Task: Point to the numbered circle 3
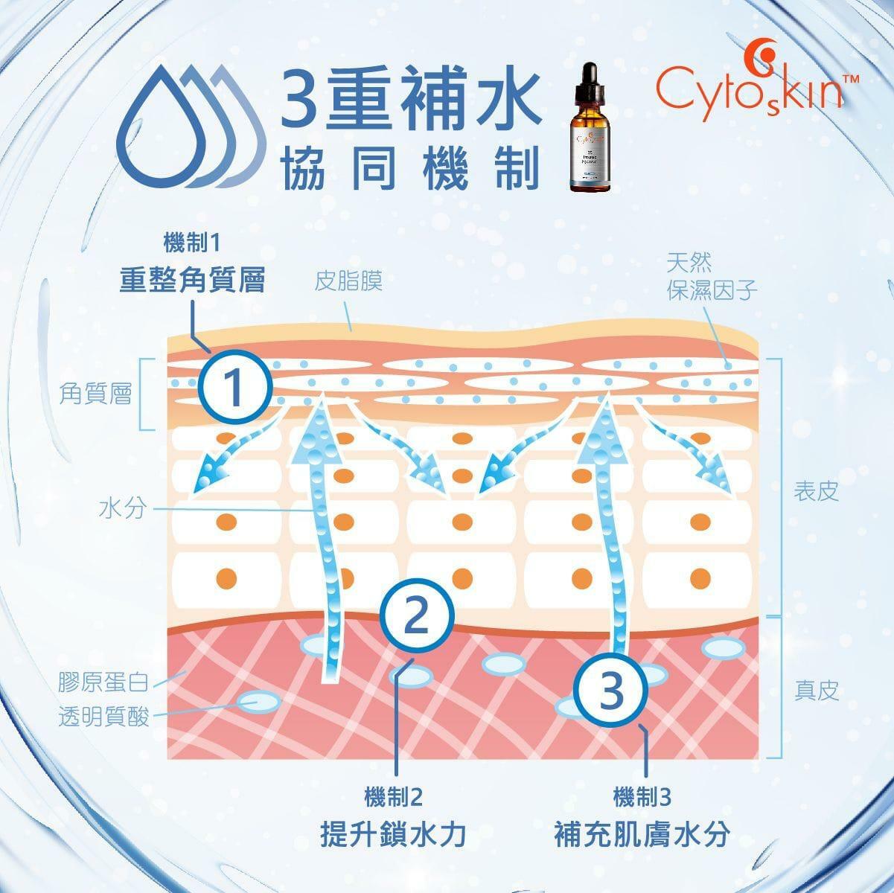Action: [x=612, y=691]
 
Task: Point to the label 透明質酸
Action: [x=104, y=717]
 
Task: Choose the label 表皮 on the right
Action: [x=817, y=492]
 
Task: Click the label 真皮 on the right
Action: [x=817, y=691]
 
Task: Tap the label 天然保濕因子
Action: [x=712, y=276]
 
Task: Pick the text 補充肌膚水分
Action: [x=642, y=833]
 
